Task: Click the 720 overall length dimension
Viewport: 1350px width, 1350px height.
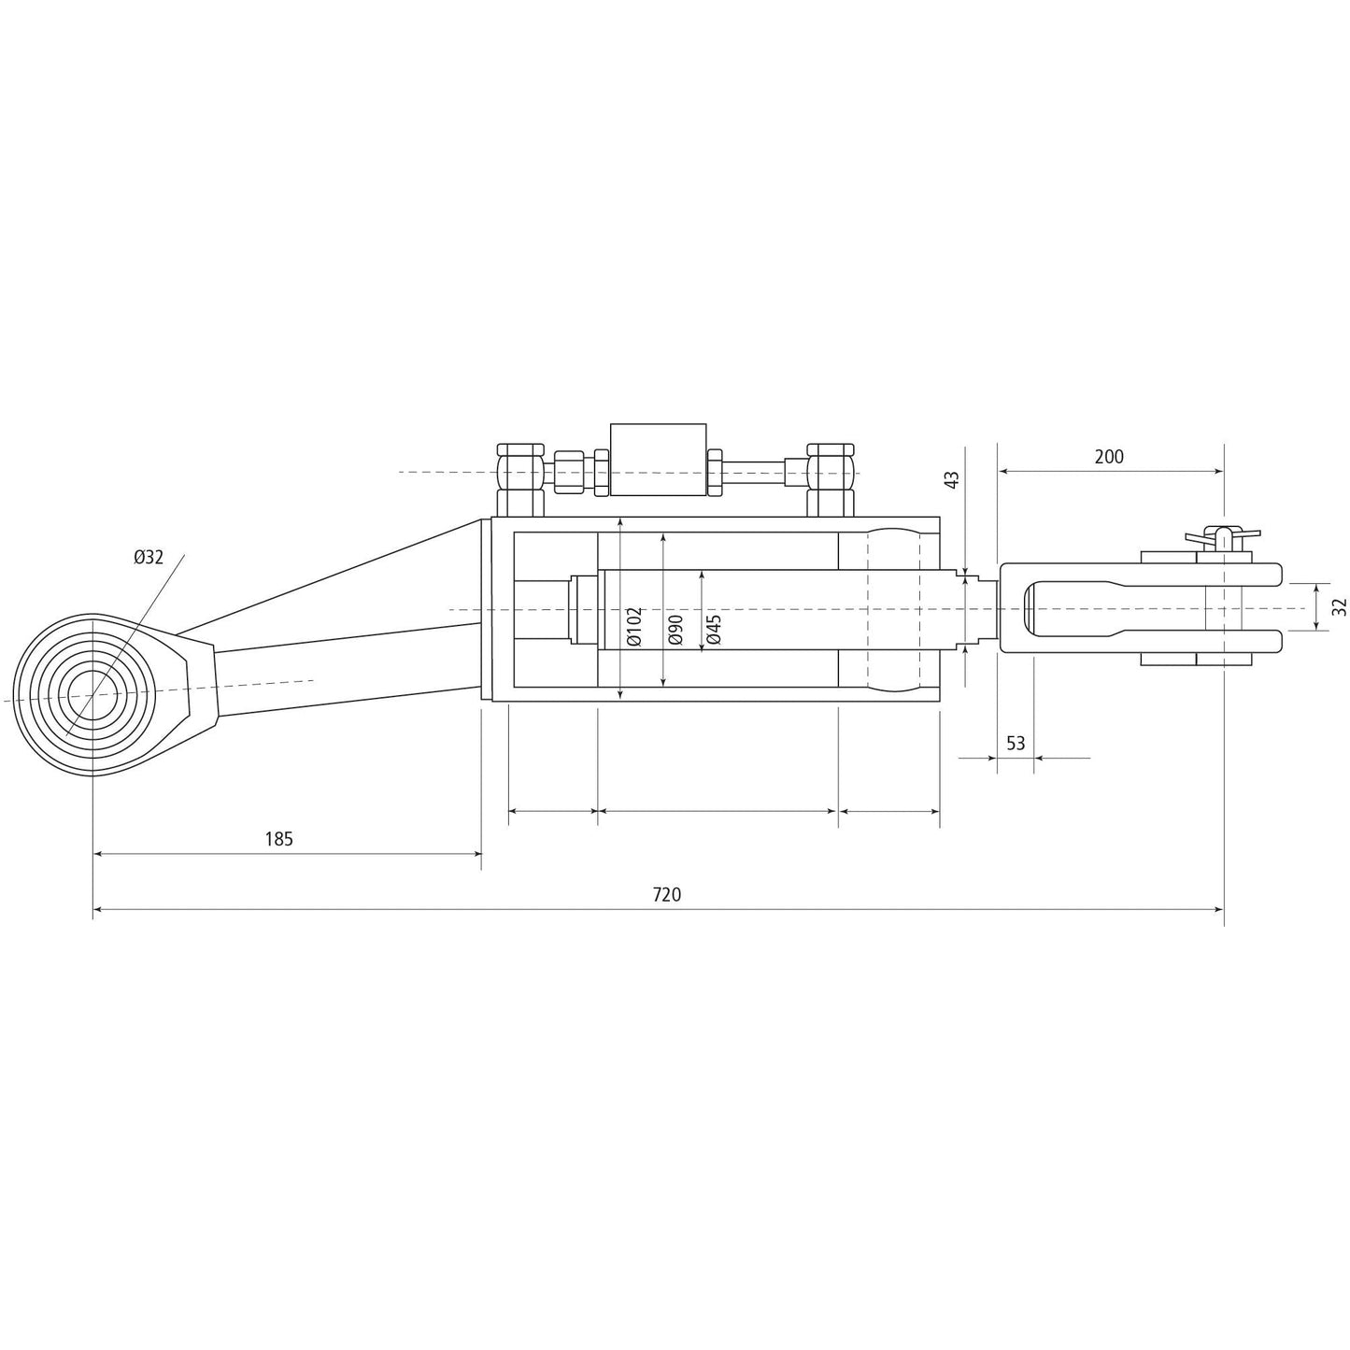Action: tap(666, 894)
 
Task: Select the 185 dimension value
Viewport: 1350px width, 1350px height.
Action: tap(278, 839)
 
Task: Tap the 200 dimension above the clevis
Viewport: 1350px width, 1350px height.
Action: tap(1109, 457)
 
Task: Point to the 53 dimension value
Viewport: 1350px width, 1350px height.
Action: tap(1016, 743)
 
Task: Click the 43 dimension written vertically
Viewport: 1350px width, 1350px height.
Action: tap(952, 479)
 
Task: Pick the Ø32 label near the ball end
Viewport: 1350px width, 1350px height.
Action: tap(148, 558)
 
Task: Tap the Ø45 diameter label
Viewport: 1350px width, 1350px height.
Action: tap(715, 630)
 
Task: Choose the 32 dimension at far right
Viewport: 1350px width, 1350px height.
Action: tap(1340, 606)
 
